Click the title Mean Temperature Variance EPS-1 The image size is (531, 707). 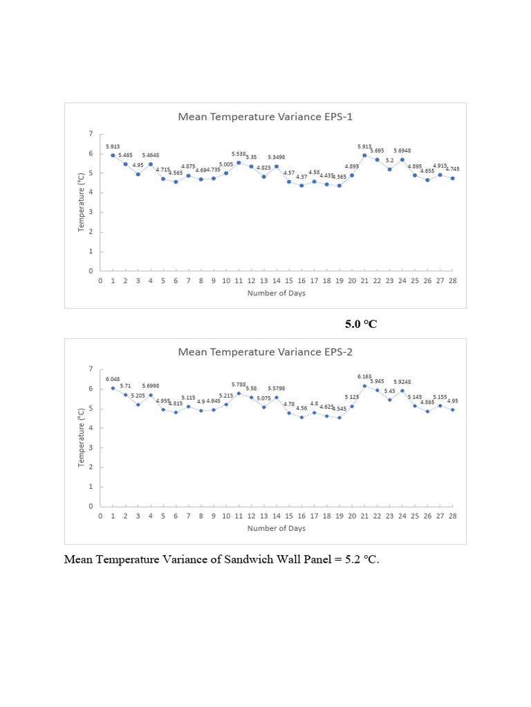(x=265, y=117)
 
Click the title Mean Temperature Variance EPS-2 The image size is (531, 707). (x=265, y=351)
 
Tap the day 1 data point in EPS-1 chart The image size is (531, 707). (x=113, y=155)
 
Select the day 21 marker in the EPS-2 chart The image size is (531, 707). (x=364, y=385)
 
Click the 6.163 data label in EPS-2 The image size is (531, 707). (x=364, y=376)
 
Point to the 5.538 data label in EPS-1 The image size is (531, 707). (x=239, y=154)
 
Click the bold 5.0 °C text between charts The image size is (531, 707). (x=361, y=323)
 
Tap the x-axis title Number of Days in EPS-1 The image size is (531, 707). (x=277, y=293)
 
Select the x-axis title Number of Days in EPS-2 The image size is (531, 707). (x=277, y=528)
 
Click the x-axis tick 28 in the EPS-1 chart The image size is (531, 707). (x=452, y=281)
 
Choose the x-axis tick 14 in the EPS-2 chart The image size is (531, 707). (x=277, y=516)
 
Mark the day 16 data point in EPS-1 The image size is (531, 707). (x=301, y=186)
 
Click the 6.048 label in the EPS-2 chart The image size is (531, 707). (x=113, y=379)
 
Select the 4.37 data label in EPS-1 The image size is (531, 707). (x=302, y=177)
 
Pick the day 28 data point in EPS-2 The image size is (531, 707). (x=452, y=409)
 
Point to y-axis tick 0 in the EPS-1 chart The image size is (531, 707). (x=91, y=271)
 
